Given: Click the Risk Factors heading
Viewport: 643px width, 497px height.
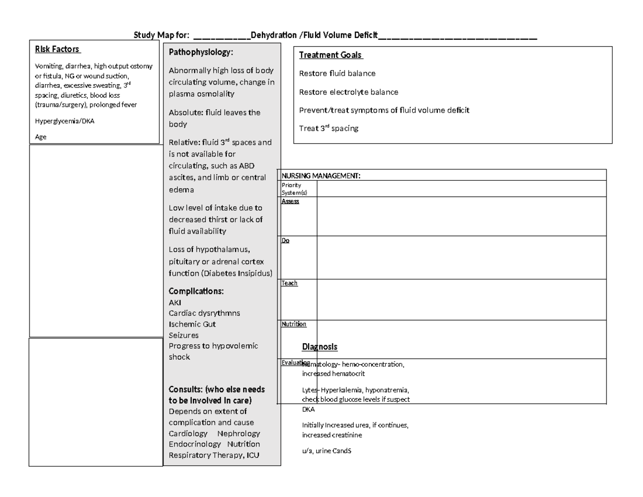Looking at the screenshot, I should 57,49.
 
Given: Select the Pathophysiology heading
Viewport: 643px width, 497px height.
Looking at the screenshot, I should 201,53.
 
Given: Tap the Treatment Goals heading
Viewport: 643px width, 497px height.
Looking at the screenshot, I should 331,55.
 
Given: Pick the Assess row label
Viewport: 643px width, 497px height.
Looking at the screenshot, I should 290,201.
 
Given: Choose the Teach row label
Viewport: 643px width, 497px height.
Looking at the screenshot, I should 289,283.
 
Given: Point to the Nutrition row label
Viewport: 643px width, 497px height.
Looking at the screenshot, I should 294,324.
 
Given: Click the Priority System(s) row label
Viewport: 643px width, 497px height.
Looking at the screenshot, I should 291,188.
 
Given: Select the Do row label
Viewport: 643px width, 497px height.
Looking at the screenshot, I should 286,241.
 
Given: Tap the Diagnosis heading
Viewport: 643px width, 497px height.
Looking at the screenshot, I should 320,347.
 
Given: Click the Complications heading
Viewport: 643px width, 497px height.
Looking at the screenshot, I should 196,292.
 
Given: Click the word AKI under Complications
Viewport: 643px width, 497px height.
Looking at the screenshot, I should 175,302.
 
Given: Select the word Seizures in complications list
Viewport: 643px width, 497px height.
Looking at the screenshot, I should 184,335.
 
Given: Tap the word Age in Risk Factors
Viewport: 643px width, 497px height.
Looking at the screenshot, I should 41,137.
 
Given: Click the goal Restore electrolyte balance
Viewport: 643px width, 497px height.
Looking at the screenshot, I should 349,92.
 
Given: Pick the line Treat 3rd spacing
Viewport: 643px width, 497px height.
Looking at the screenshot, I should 328,129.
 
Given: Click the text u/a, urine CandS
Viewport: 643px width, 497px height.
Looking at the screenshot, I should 326,451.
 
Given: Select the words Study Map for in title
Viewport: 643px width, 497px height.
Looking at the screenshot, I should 161,35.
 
